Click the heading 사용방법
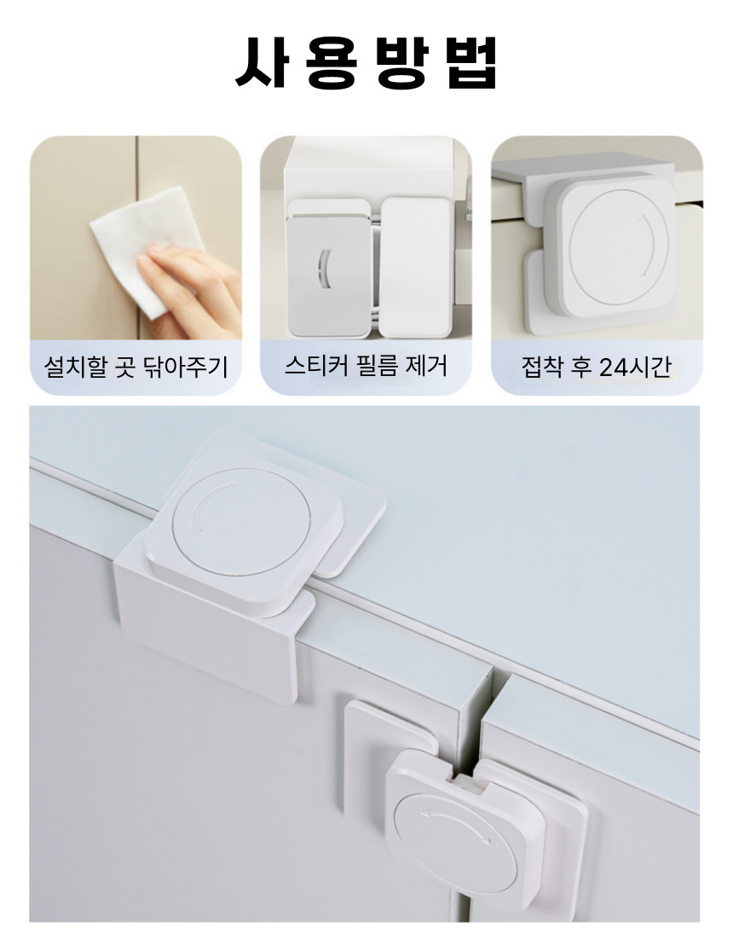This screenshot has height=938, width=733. pos(366,63)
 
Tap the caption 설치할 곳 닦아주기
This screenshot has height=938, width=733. pos(136,367)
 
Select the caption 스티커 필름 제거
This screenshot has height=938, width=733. pos(366,366)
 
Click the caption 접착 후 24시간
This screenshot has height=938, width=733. pos(596,367)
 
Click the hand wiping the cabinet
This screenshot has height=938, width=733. pos(191,287)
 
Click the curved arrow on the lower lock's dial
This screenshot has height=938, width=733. pos(456,819)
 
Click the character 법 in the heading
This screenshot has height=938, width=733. pos(472,63)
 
